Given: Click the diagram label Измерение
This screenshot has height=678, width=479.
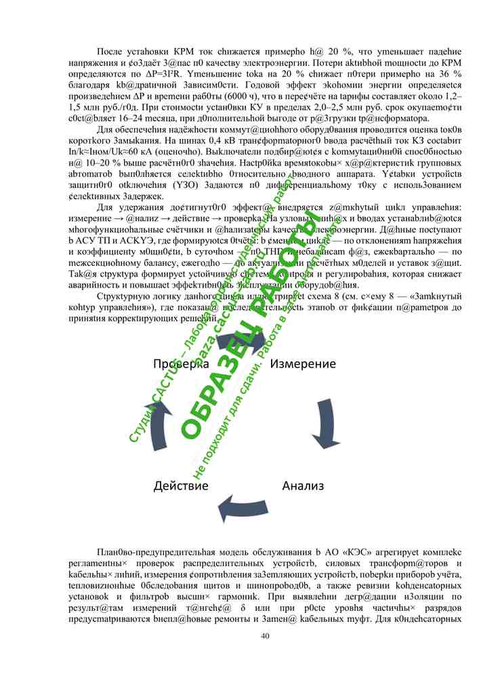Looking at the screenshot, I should click(x=303, y=364).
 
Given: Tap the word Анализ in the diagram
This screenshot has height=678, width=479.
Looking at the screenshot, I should click(x=303, y=485).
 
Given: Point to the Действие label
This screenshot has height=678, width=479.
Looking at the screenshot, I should click(x=180, y=485).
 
